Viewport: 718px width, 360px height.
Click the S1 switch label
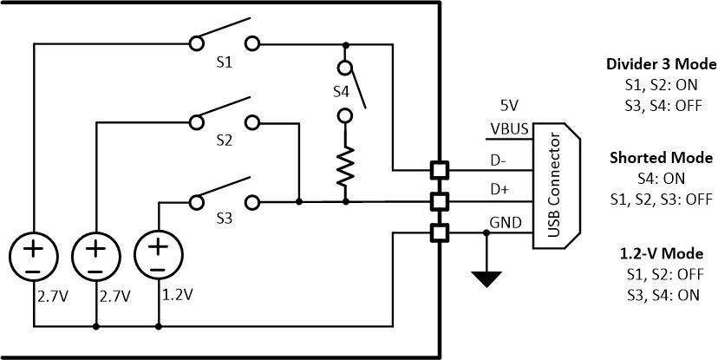point(225,62)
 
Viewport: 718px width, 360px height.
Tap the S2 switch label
point(225,141)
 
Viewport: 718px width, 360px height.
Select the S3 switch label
point(225,219)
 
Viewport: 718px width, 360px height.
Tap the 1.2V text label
point(177,295)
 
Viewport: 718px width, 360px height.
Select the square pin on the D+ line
point(440,201)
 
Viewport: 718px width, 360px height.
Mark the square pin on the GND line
point(440,232)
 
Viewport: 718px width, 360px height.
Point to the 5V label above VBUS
point(509,105)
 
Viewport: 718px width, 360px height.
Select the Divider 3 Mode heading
point(661,64)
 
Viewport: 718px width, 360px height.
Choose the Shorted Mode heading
point(661,159)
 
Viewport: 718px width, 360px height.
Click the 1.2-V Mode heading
point(661,254)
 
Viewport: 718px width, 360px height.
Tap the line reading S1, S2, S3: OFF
point(661,199)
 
